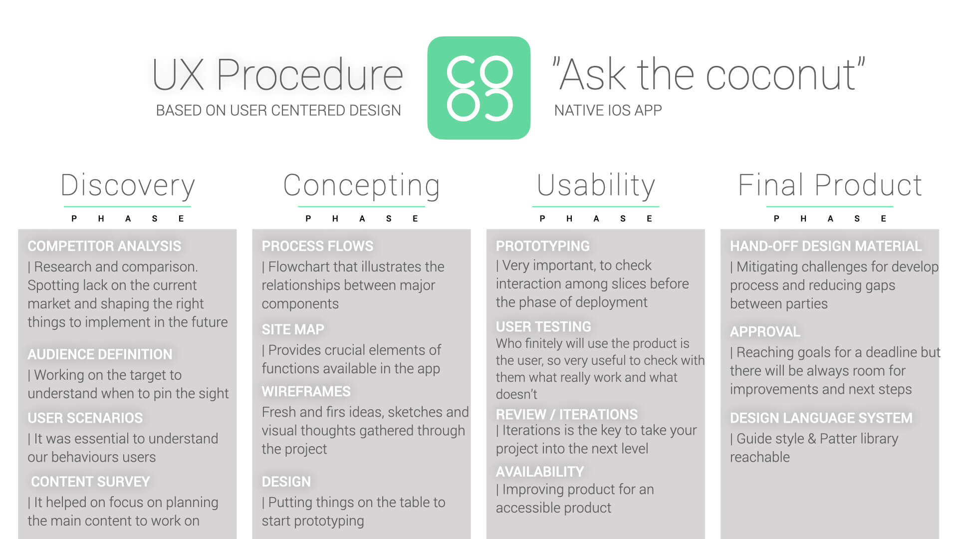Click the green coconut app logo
tap(479, 88)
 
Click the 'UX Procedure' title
tap(277, 75)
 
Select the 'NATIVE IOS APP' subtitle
tap(608, 110)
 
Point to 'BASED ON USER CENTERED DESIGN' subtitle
tap(278, 110)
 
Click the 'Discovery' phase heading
tap(127, 186)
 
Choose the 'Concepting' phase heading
tap(361, 186)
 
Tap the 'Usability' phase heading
tap(596, 186)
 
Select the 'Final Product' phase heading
tap(830, 185)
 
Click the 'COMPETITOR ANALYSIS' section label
tap(104, 246)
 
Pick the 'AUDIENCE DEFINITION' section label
tap(100, 354)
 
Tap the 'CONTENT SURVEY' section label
tap(90, 482)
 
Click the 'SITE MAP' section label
tap(293, 329)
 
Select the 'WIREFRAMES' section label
tap(306, 391)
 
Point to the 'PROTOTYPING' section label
tap(542, 246)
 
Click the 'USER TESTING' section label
tap(543, 326)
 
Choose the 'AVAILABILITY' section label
tap(539, 472)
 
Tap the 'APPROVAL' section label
tap(764, 331)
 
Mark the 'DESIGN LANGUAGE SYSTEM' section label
tap(821, 418)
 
